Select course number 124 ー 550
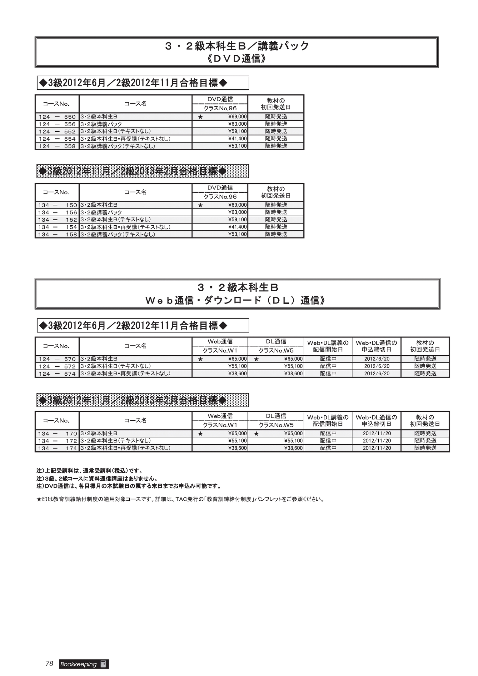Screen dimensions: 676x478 57,117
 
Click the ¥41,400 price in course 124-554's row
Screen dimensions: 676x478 237,139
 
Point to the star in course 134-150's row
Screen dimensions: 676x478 201,205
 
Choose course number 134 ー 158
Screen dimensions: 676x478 57,234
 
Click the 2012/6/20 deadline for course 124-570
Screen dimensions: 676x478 377,359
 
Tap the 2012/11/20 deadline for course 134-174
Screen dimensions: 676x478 377,448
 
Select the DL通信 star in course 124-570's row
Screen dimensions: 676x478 256,359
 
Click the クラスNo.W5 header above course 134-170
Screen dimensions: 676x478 276,425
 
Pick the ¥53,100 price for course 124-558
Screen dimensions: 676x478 237,146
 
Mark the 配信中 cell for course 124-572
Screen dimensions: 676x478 328,366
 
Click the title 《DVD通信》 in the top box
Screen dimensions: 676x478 237,59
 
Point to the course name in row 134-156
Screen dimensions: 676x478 101,213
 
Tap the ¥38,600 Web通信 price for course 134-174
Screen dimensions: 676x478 237,448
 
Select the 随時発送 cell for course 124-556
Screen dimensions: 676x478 276,124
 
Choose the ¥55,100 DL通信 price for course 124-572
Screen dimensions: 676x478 293,366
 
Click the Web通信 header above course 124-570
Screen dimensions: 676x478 220,342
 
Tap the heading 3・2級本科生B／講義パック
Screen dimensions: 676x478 237,46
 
